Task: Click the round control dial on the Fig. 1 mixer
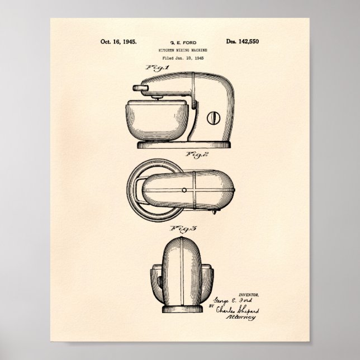[214, 118]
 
